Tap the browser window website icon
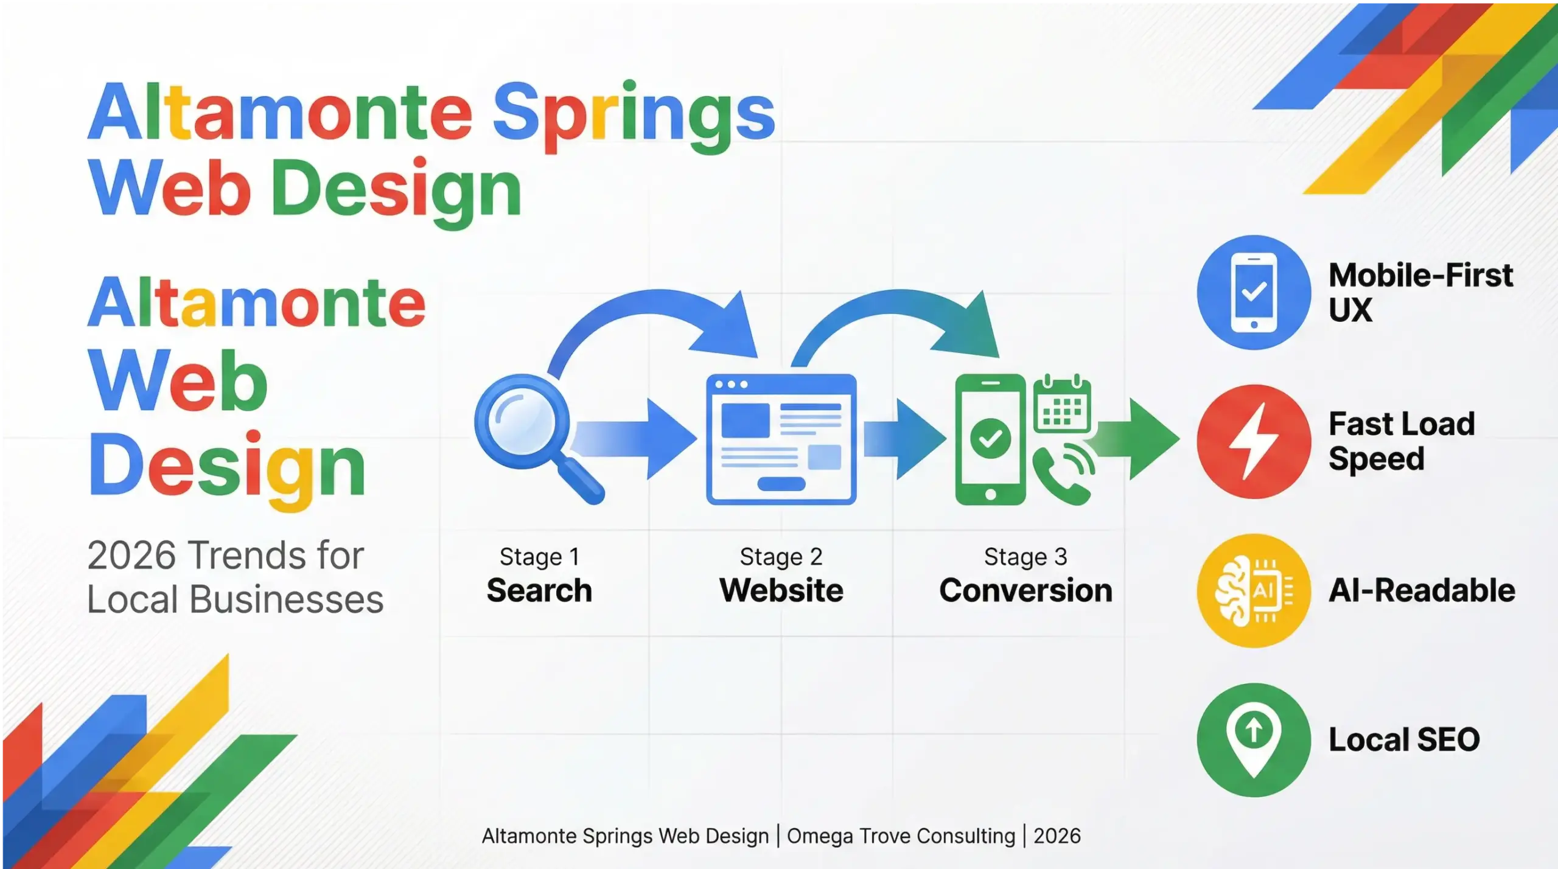pos(781,439)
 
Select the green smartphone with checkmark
pos(990,439)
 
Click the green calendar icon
pos(1062,405)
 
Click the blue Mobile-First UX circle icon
pos(1254,292)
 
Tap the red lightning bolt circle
pos(1254,442)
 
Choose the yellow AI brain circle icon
pos(1254,590)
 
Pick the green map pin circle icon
pos(1254,739)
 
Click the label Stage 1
pos(539,556)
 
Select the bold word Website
pos(781,590)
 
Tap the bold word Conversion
pos(1025,590)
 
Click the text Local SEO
pos(1403,740)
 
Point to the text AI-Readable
pos(1422,590)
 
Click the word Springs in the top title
pos(633,116)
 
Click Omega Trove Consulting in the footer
pos(901,836)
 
